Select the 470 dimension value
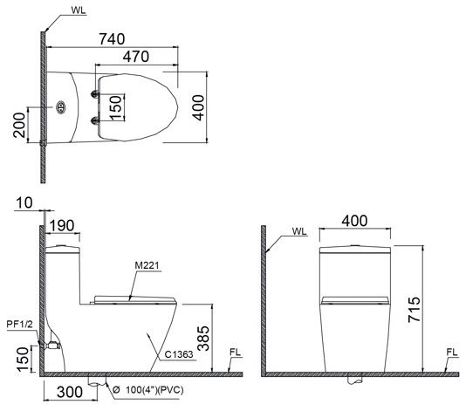pyautogui.click(x=135, y=56)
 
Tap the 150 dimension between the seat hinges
pyautogui.click(x=115, y=106)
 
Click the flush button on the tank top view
pyautogui.click(x=62, y=109)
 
